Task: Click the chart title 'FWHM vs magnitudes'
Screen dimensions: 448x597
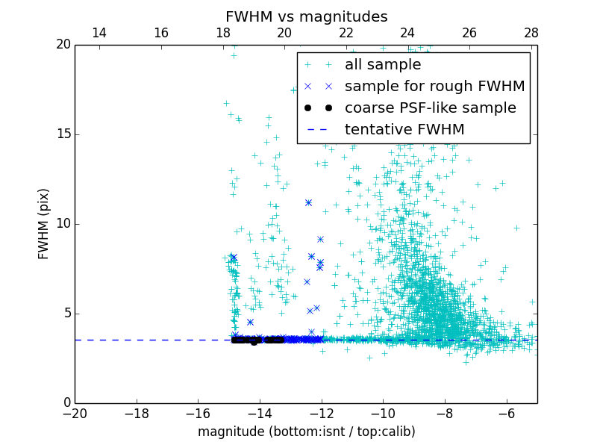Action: [x=306, y=16]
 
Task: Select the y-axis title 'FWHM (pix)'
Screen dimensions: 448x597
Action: [x=44, y=224]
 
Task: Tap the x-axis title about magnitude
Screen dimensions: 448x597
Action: [x=306, y=432]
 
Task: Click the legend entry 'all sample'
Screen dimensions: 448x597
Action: [x=383, y=65]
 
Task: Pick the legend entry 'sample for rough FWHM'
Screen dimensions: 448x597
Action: [x=434, y=87]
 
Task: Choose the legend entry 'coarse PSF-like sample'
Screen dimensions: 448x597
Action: [x=430, y=108]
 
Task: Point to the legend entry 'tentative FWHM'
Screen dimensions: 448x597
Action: [x=404, y=130]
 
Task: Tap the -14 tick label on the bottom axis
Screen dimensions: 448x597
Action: [x=260, y=414]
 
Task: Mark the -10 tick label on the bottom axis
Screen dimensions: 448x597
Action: [x=383, y=414]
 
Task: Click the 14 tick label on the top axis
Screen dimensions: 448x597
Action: [x=99, y=33]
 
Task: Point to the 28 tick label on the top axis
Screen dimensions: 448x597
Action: [x=531, y=33]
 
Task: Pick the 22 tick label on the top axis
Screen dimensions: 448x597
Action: [x=346, y=33]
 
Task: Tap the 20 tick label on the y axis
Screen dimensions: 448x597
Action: [x=63, y=45]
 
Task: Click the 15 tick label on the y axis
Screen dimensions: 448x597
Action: [x=63, y=134]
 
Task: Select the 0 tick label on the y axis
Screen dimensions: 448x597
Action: [x=66, y=403]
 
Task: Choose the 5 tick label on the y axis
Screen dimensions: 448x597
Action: [x=66, y=314]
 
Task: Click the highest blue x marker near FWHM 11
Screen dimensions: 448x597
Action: [x=308, y=202]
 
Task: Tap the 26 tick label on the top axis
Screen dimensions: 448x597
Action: [x=469, y=33]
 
